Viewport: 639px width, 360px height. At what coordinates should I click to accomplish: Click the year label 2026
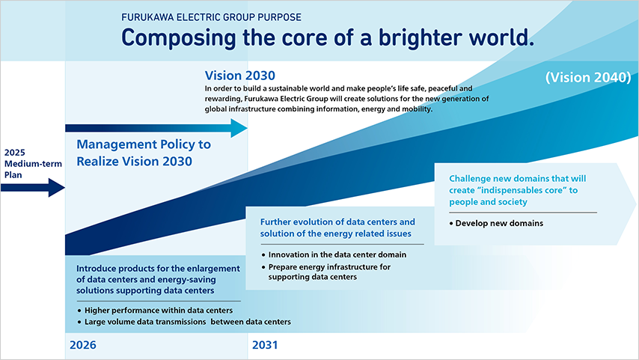coord(83,345)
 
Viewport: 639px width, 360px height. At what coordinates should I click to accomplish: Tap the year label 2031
coord(265,345)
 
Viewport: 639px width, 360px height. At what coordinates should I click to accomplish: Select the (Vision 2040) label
coord(588,77)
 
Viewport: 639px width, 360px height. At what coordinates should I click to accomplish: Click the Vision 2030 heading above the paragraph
coord(240,76)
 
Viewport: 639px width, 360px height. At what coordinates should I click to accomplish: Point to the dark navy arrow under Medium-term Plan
coord(33,188)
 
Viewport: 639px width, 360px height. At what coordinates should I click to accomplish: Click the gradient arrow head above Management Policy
coord(239,128)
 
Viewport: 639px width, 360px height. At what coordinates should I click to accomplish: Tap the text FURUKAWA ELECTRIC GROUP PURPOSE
coord(211,17)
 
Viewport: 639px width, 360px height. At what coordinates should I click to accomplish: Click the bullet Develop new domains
coord(496,223)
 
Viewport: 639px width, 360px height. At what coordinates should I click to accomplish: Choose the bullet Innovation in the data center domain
coord(334,254)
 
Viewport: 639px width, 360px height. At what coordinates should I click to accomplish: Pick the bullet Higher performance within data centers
coord(155,311)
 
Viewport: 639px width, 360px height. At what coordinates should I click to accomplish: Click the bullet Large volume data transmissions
coord(184,322)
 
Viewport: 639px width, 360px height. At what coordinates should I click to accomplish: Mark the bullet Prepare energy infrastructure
coord(326,272)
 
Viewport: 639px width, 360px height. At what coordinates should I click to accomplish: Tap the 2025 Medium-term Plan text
coord(33,163)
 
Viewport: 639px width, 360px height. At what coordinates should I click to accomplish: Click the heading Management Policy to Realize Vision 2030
coord(144,153)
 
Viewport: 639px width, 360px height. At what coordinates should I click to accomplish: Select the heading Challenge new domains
coord(518,190)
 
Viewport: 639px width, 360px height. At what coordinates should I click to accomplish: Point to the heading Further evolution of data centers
coord(337,228)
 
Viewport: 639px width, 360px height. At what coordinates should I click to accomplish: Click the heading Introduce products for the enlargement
coord(158,279)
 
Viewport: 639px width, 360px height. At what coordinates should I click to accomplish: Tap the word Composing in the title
coord(179,38)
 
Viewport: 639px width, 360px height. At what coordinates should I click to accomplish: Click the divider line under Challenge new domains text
coord(523,213)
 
